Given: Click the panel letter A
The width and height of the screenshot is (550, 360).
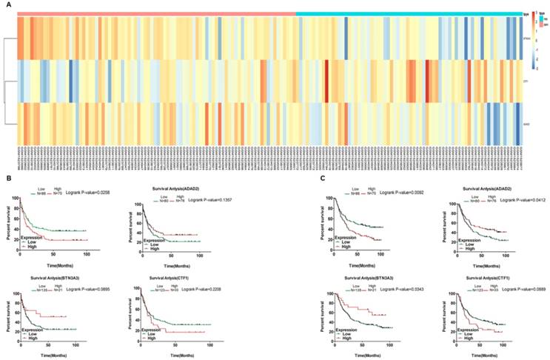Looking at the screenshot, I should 6,4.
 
